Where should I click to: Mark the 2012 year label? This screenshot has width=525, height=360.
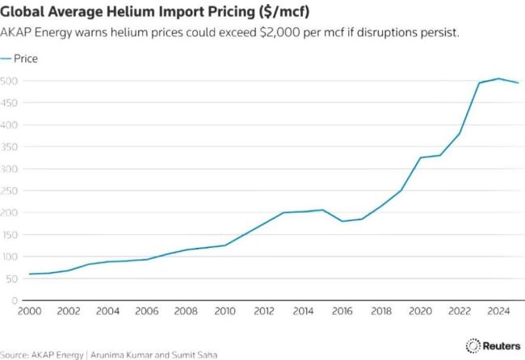point(264,312)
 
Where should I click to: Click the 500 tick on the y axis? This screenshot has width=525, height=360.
point(10,81)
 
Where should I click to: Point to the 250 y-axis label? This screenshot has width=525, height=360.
point(10,190)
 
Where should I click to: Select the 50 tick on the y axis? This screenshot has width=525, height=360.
point(12,278)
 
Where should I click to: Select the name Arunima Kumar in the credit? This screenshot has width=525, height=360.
point(124,354)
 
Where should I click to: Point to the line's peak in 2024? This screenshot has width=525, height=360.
point(498,78)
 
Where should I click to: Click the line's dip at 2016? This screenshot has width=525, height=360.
point(342,221)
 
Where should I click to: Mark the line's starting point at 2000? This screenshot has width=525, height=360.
point(29,274)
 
